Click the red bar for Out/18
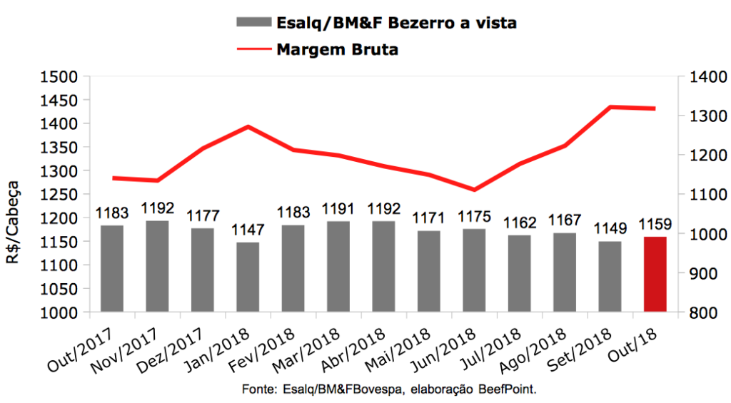(655, 274)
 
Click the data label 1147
(248, 230)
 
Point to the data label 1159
(655, 225)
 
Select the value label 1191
(338, 210)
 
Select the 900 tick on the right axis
(700, 273)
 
